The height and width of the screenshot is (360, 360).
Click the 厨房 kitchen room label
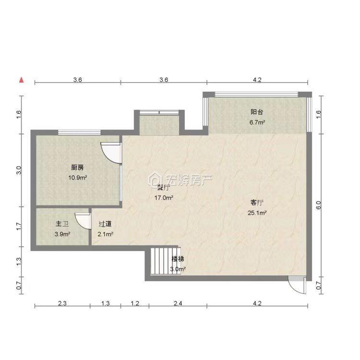[77, 168]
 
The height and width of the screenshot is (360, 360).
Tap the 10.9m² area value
[77, 178]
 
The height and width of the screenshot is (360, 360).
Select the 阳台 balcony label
[257, 112]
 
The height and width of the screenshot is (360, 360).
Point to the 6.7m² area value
[257, 122]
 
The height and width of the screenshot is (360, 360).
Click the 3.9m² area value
[62, 234]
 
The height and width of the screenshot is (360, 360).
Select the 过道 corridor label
[106, 224]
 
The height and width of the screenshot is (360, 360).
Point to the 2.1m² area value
[106, 234]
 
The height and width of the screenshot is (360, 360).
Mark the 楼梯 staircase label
[178, 259]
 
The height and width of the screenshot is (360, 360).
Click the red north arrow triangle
[21, 79]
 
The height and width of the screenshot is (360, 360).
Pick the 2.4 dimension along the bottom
[178, 303]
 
